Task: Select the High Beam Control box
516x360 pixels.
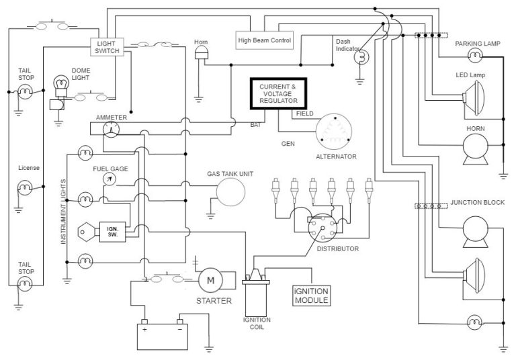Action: coord(265,41)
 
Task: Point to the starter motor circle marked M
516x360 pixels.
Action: coord(209,279)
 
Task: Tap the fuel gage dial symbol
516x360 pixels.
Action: coord(110,179)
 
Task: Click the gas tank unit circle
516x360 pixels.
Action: coord(230,195)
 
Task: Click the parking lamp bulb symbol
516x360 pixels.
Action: coord(476,54)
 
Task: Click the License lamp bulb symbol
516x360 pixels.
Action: coord(26,195)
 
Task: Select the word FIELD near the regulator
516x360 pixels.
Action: coord(304,114)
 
